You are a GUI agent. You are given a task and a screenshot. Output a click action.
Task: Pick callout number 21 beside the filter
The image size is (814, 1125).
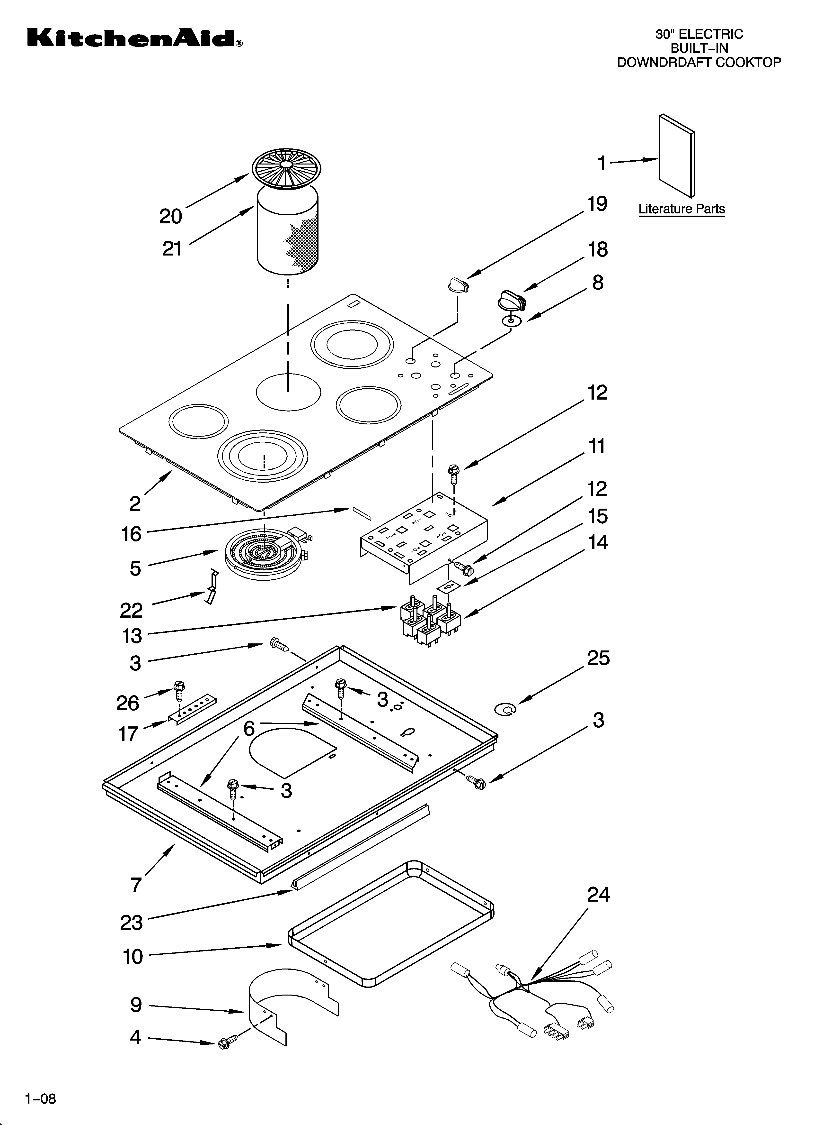(172, 248)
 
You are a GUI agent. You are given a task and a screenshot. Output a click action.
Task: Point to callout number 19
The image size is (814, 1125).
(597, 204)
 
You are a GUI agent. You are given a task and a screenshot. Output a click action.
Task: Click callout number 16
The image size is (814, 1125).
(131, 534)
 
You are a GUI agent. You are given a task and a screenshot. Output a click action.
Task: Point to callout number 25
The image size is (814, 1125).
(598, 658)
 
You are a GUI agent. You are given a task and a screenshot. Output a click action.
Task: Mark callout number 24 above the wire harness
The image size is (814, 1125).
(598, 894)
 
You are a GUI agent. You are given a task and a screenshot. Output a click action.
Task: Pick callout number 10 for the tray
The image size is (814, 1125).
(133, 956)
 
